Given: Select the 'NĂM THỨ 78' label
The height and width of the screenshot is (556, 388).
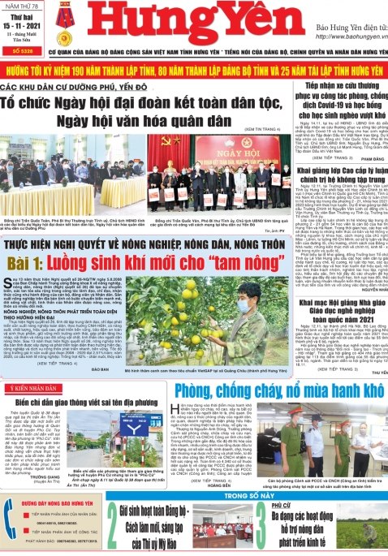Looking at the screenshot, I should coord(22,6).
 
